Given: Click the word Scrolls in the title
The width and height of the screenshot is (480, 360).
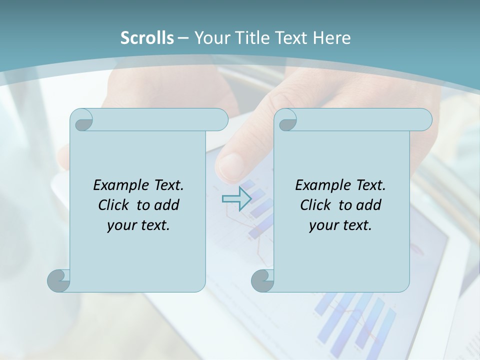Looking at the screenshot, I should [147, 38].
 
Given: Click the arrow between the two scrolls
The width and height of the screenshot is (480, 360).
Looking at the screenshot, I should [236, 199].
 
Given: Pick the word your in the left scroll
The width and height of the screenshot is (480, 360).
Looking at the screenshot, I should [121, 225].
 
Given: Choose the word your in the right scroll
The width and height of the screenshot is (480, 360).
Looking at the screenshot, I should [323, 225].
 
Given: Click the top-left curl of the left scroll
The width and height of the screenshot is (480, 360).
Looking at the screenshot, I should [81, 120].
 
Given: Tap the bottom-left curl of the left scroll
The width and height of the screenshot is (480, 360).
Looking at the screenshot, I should [59, 280].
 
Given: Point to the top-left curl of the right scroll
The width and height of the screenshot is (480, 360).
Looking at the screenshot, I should [285, 120].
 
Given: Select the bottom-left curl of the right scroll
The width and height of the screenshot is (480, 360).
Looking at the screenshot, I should [262, 280].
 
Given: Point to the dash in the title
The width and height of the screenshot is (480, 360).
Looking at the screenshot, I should [183, 38].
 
